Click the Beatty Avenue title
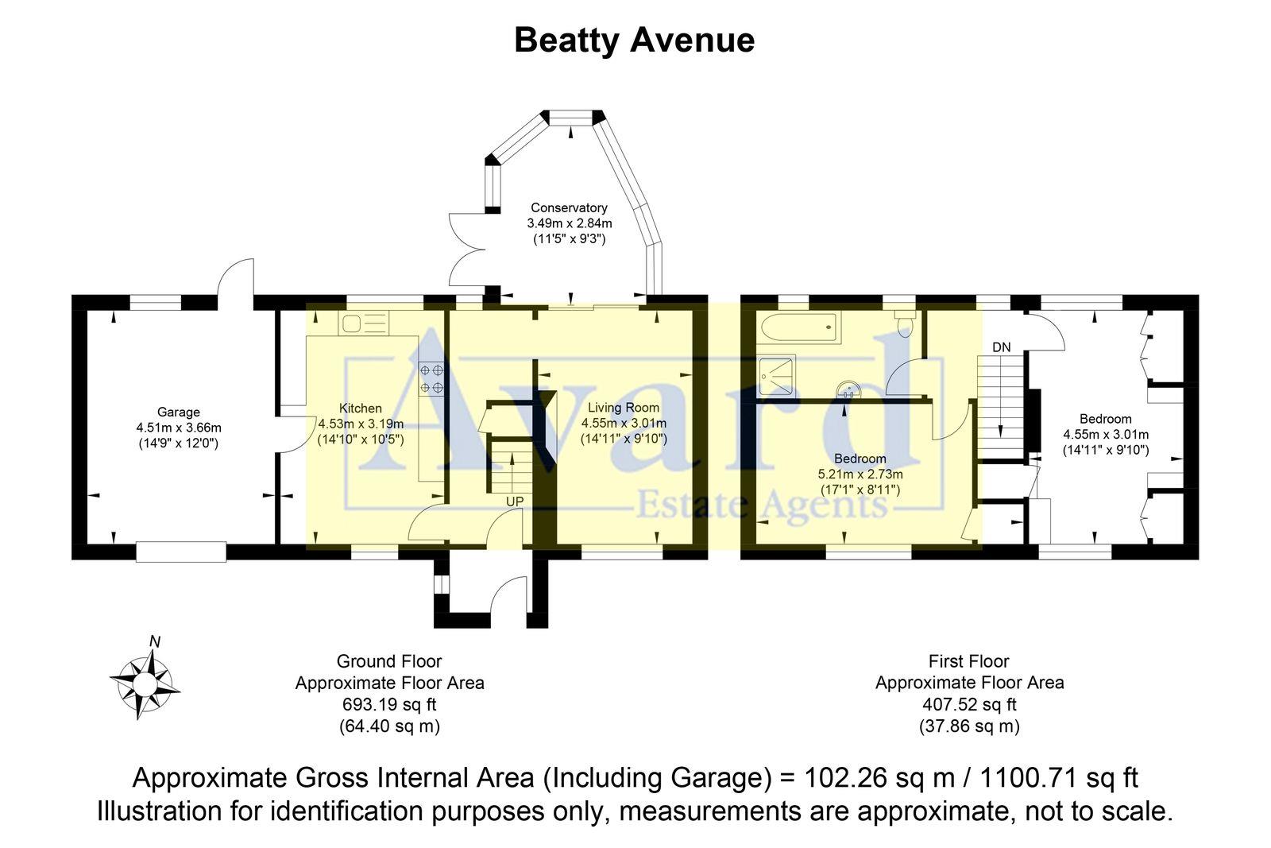point(634,41)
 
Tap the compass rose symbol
point(145,682)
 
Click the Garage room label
point(178,412)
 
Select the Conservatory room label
point(569,208)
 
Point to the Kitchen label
point(361,409)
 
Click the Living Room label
point(624,408)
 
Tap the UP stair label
point(515,502)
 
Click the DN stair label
point(1002,347)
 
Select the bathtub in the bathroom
point(799,327)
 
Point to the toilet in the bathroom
point(905,323)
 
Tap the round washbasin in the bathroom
point(848,390)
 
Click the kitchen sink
point(364,323)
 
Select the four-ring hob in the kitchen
point(431,378)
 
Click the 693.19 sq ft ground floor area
point(389,704)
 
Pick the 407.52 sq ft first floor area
point(969,704)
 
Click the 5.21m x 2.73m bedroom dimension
point(860,474)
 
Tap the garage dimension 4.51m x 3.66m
point(178,428)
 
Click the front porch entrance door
point(508,594)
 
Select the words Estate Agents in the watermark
point(763,504)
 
